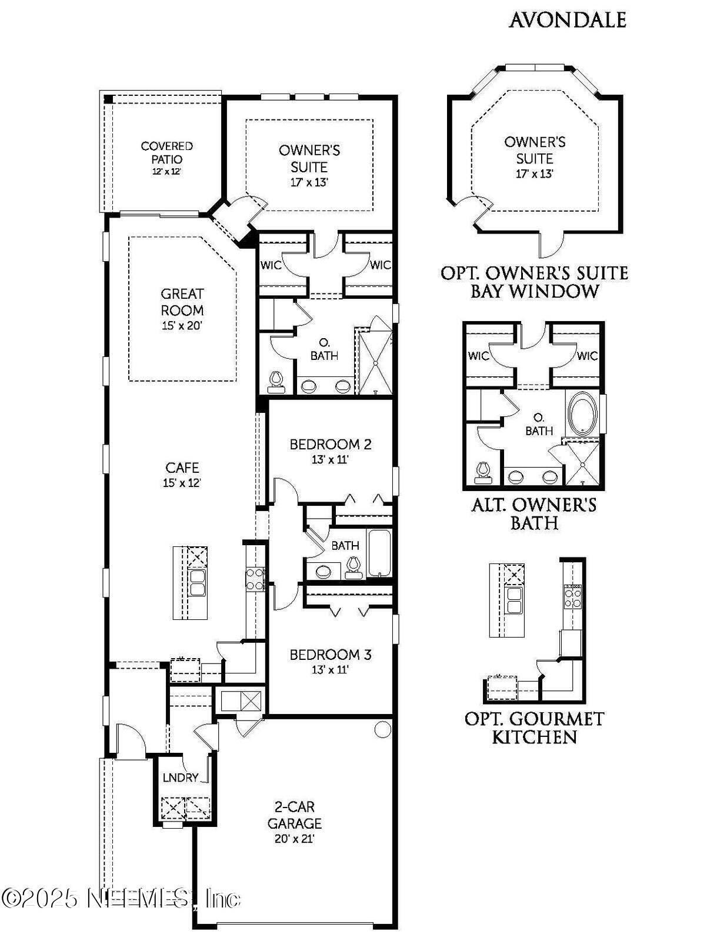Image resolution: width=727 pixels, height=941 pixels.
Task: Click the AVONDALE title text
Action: coord(567,20)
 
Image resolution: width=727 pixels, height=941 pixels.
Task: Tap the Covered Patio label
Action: coord(166,152)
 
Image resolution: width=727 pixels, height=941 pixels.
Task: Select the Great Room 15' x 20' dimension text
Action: coord(182,325)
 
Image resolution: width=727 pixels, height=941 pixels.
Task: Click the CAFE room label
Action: coord(182,468)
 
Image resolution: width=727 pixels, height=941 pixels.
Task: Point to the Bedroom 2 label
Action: coord(330,444)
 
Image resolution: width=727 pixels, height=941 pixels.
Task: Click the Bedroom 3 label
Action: coord(330,654)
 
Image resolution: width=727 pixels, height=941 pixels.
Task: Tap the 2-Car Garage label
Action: coord(294,815)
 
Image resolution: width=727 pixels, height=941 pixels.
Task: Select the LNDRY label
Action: coord(180,778)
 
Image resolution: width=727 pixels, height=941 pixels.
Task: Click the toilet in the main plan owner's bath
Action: coord(275,382)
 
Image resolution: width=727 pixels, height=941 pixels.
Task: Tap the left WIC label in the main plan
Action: coord(271,265)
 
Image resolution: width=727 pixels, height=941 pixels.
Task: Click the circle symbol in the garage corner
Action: coord(382,730)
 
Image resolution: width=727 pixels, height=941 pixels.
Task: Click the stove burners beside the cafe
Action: coord(255,579)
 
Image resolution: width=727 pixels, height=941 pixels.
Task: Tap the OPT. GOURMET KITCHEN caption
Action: coord(534,728)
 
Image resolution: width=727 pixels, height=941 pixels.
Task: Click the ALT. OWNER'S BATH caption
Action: coord(534,513)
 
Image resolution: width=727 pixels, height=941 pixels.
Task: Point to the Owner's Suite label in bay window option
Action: coord(535,150)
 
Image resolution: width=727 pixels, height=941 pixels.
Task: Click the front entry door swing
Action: coord(131,738)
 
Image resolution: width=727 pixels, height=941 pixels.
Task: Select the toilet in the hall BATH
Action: coord(353,567)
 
